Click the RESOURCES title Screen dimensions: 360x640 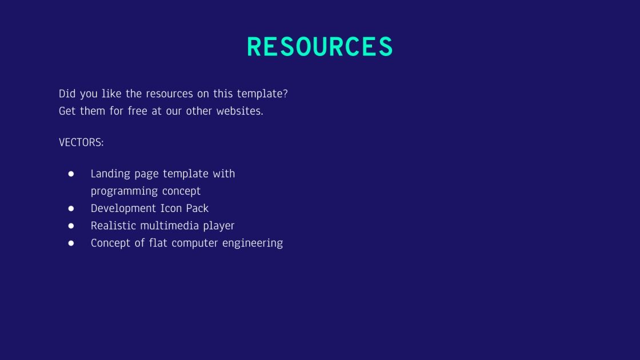pos(320,47)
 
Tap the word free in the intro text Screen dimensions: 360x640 pos(137,111)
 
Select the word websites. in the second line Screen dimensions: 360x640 pos(239,111)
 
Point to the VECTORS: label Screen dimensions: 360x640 pos(81,142)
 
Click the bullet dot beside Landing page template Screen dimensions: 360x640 pos(71,174)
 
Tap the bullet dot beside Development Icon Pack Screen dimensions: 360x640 pos(71,209)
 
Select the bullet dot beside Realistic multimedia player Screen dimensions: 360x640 pos(71,226)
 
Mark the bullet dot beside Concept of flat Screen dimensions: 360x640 pos(71,243)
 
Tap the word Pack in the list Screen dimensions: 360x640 pos(197,209)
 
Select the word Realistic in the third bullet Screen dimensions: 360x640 pos(113,226)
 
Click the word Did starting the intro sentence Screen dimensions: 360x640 pos(67,94)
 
